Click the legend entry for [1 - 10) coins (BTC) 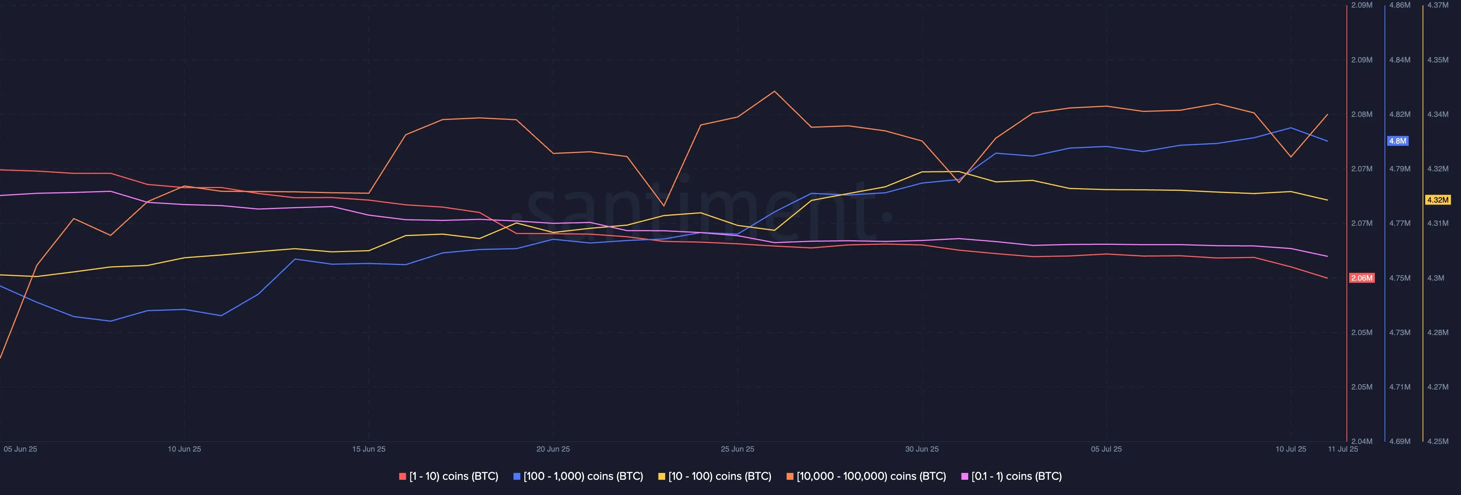click(x=449, y=476)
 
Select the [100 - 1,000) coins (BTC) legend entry click(x=578, y=476)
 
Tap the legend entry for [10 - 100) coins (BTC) click(x=715, y=476)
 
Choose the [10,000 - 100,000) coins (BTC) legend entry click(x=866, y=476)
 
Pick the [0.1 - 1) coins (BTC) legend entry click(x=1012, y=476)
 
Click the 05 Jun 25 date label click(x=21, y=449)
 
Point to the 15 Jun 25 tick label click(x=369, y=449)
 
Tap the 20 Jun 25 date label click(x=553, y=449)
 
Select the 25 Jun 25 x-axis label click(x=737, y=449)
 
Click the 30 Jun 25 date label click(x=921, y=449)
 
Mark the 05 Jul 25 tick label click(x=1106, y=449)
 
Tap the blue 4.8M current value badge click(x=1397, y=141)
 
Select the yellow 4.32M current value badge click(x=1438, y=200)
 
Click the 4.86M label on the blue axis click(x=1400, y=5)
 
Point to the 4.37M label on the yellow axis click(x=1438, y=5)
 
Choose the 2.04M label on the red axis click(x=1362, y=441)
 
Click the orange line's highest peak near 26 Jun click(x=775, y=91)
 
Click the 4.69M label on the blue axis click(x=1400, y=441)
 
